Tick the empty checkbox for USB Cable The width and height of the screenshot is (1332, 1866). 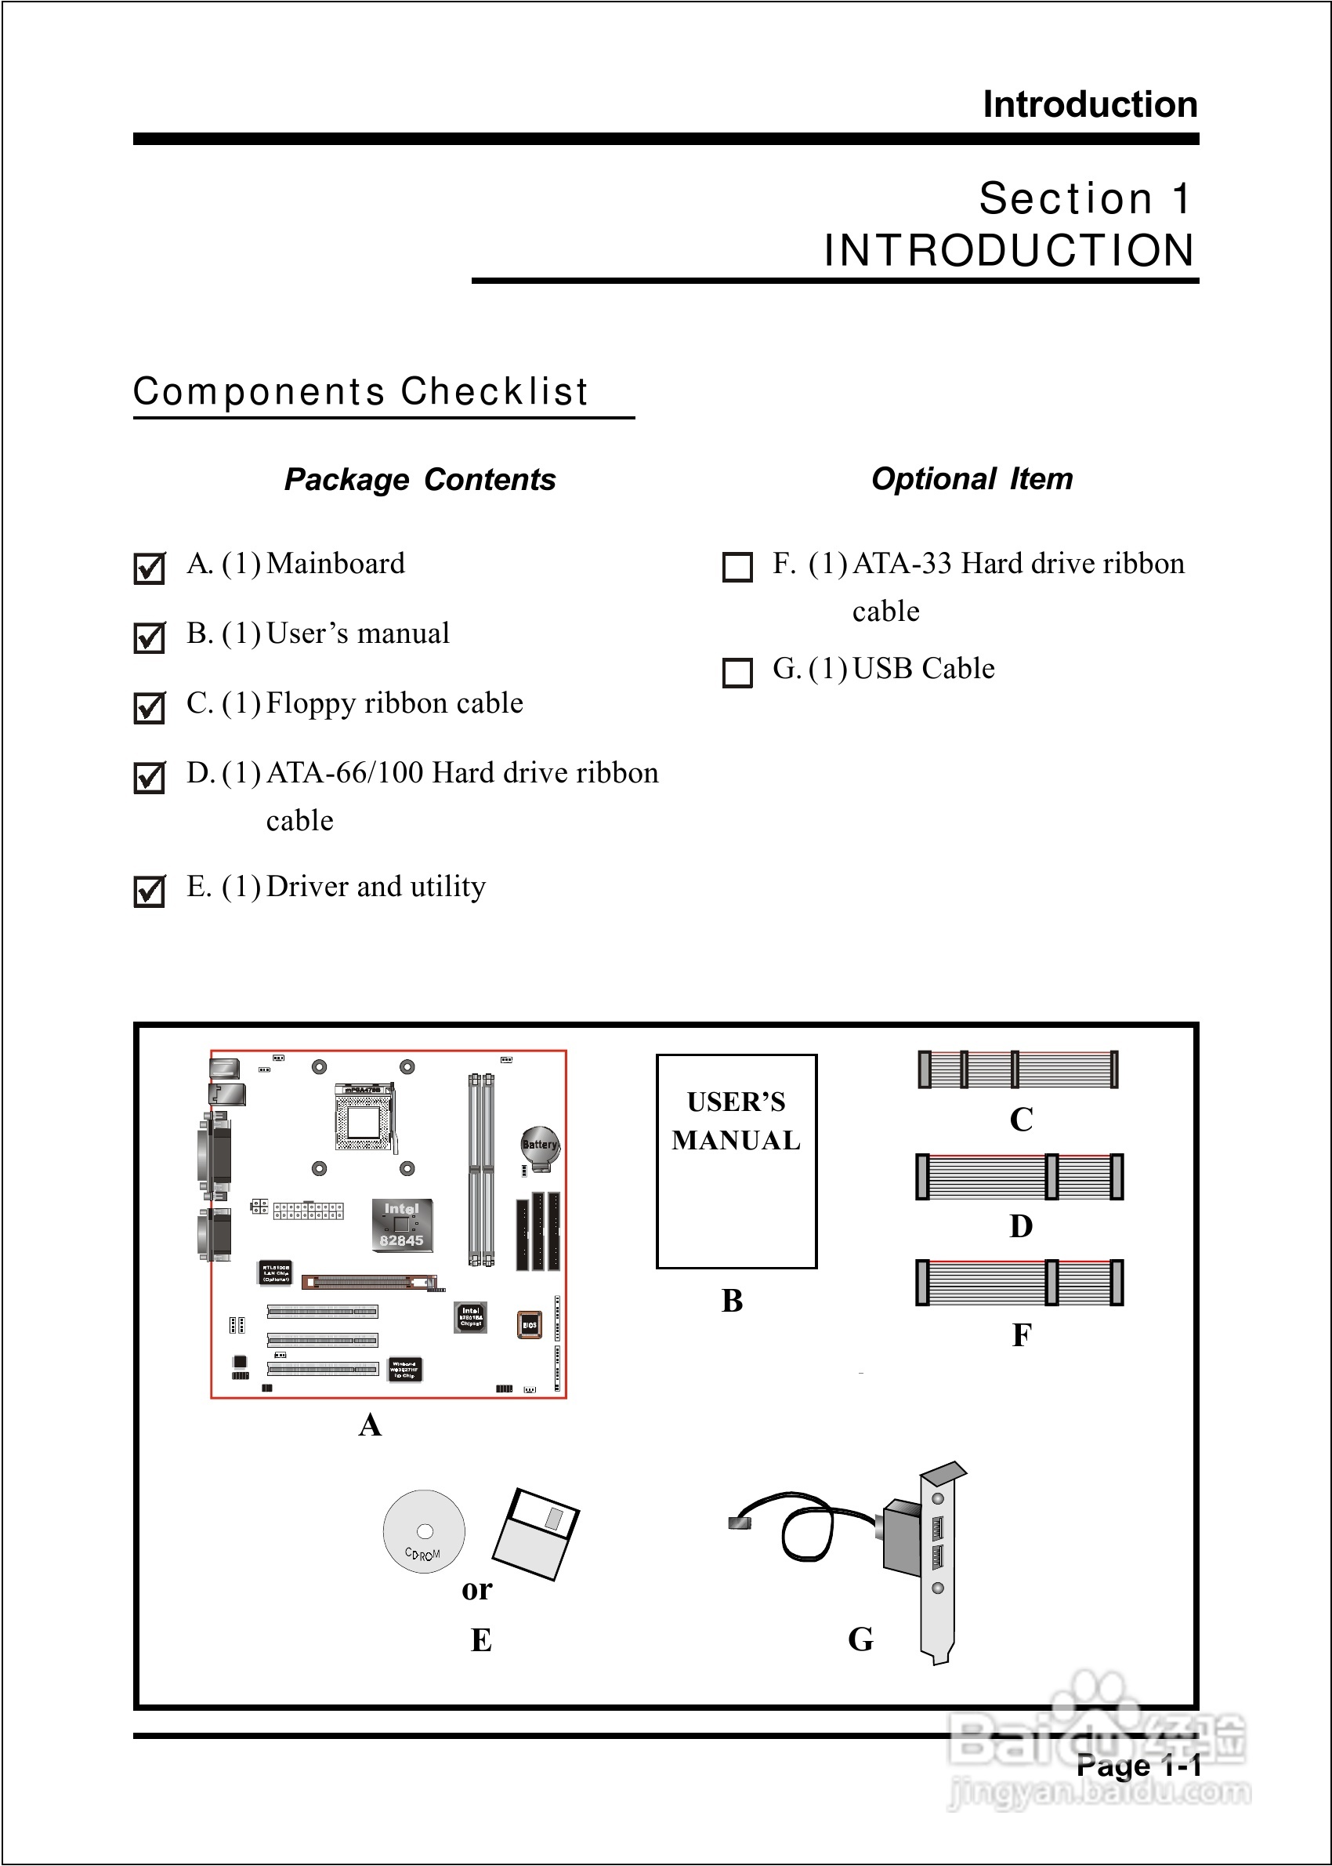click(737, 672)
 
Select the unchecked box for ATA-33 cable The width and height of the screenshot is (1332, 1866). click(737, 567)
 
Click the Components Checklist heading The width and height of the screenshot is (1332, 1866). click(361, 391)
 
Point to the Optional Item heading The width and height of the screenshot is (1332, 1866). click(972, 478)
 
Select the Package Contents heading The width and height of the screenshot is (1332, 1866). click(420, 479)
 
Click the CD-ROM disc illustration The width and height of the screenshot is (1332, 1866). click(424, 1531)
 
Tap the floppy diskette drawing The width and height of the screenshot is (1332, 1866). click(536, 1533)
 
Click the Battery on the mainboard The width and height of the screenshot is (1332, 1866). click(540, 1145)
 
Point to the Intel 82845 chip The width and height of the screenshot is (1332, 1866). click(401, 1225)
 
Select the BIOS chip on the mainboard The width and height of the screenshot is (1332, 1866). click(530, 1324)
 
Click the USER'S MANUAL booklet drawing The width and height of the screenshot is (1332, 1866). click(737, 1160)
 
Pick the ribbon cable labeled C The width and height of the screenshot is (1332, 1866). click(1017, 1069)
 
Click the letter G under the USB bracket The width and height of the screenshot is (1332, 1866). click(860, 1639)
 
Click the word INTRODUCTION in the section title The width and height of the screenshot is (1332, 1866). click(1009, 250)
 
